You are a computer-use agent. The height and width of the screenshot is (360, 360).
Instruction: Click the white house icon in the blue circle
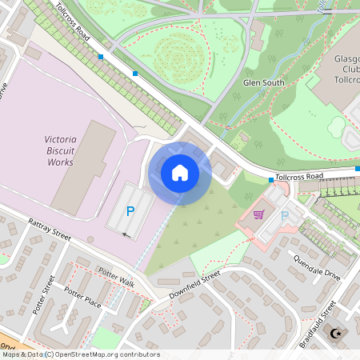point(180,172)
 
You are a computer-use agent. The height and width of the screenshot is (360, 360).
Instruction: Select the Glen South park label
point(264,82)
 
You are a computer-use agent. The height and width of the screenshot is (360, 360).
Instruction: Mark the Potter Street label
point(43,297)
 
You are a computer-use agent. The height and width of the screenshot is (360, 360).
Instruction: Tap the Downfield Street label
point(194,286)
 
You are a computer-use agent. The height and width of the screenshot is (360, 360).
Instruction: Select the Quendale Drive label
point(317,267)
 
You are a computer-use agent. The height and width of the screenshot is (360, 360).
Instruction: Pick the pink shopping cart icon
point(258,214)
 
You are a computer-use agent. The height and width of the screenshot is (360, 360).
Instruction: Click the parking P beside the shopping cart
point(284,216)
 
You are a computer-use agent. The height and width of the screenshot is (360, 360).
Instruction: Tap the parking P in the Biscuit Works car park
point(130,212)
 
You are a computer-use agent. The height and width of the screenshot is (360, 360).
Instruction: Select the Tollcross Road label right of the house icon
point(298,176)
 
